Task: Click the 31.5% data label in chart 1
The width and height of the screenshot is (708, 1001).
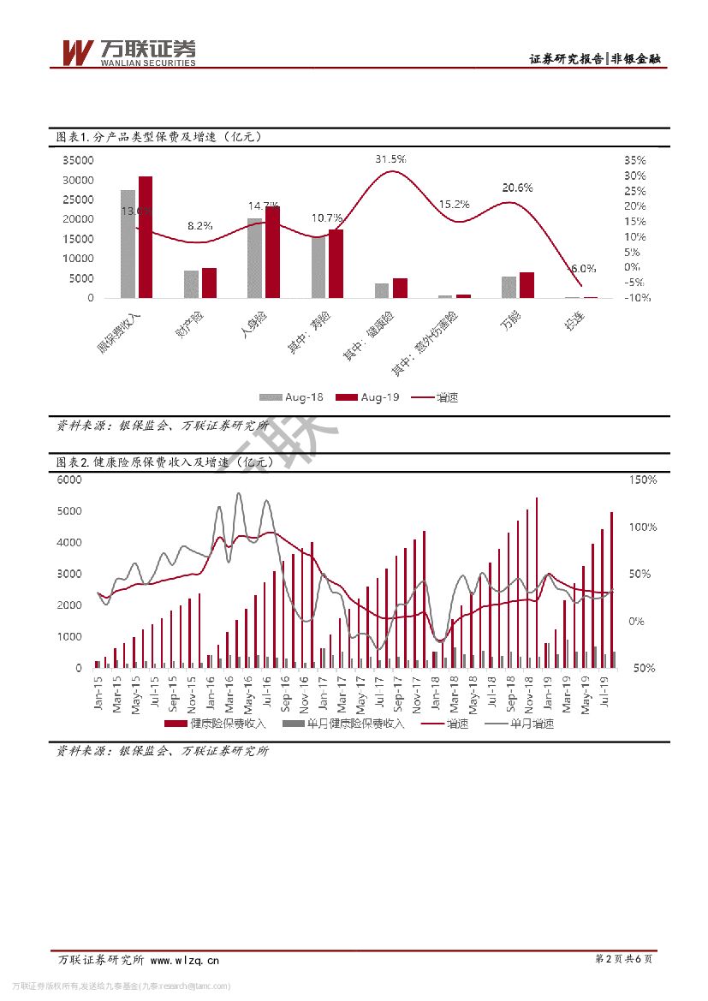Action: point(390,159)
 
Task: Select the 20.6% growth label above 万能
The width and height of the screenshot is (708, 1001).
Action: point(517,188)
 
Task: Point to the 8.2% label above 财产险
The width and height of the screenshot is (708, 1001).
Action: point(200,226)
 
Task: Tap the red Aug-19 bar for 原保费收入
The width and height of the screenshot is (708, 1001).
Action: point(146,237)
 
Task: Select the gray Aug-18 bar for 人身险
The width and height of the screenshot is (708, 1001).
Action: point(254,258)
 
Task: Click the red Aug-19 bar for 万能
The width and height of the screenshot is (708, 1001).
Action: point(527,285)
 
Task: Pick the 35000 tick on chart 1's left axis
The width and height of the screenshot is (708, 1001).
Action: point(78,160)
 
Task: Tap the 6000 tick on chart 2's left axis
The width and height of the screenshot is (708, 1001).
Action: point(69,480)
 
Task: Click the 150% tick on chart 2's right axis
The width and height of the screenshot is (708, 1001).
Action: point(643,480)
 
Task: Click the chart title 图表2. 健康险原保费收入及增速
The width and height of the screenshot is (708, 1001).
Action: point(165,462)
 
